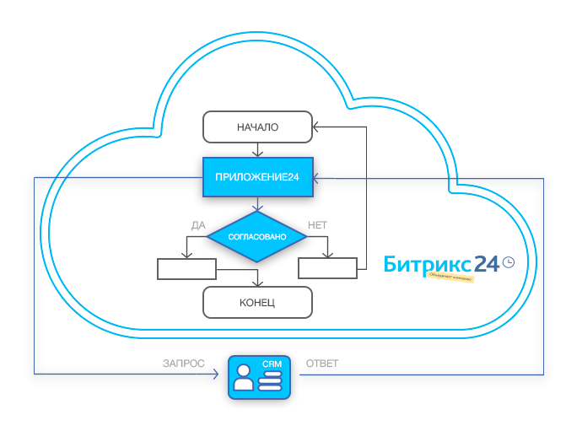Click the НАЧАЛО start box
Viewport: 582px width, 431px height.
pyautogui.click(x=257, y=127)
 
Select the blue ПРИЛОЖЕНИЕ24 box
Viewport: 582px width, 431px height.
pyautogui.click(x=257, y=178)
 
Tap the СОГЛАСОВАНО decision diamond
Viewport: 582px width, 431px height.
pyautogui.click(x=257, y=237)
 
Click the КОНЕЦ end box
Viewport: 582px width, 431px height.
pyautogui.click(x=257, y=301)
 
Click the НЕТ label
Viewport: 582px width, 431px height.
pyautogui.click(x=318, y=225)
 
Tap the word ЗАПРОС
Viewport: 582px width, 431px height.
pyautogui.click(x=183, y=363)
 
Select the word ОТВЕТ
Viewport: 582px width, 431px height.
pyautogui.click(x=321, y=363)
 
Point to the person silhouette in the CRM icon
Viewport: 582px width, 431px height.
pyautogui.click(x=244, y=377)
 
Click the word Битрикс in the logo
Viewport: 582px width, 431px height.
pyautogui.click(x=423, y=264)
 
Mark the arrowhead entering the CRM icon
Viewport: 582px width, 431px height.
pyautogui.click(x=224, y=374)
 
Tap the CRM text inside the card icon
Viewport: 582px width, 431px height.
pyautogui.click(x=271, y=364)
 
